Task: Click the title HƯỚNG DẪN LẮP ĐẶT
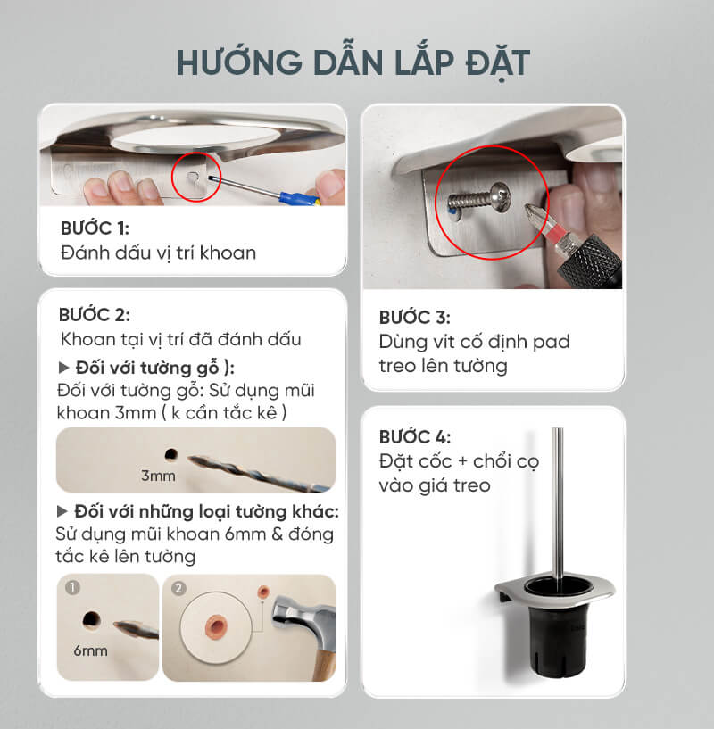click(353, 62)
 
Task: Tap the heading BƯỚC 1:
click(95, 228)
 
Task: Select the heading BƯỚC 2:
click(95, 315)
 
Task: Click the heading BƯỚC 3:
click(415, 317)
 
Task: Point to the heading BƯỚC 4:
click(415, 437)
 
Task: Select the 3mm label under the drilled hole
click(158, 476)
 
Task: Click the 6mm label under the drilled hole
click(90, 650)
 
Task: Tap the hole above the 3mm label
click(171, 454)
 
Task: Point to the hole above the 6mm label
click(91, 620)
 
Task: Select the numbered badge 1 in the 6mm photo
click(72, 588)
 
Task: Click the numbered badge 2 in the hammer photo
click(178, 589)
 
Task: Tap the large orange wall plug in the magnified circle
click(216, 627)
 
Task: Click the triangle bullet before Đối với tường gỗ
click(63, 369)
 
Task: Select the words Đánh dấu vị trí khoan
click(158, 253)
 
